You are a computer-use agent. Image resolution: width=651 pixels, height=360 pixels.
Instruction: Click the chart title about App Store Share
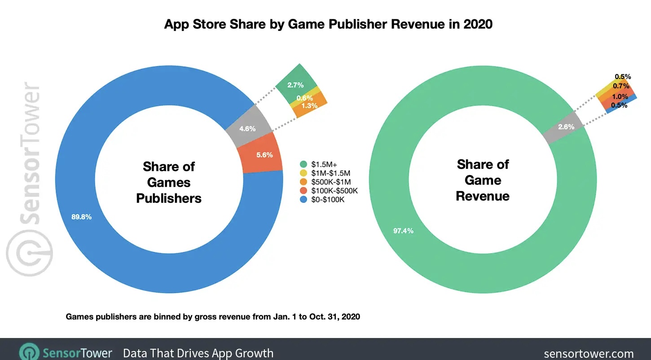click(328, 24)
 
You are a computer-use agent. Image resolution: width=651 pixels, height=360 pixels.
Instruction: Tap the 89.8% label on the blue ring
click(81, 217)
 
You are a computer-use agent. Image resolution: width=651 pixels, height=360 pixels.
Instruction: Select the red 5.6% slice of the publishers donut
click(263, 155)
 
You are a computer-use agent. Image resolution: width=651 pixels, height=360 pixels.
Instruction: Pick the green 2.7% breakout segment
click(295, 83)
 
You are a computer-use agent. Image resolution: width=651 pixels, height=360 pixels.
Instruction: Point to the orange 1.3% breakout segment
click(310, 106)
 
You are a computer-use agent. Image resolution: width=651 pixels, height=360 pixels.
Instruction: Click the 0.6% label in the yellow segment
click(304, 98)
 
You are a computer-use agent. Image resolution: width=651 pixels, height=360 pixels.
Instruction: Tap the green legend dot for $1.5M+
click(303, 164)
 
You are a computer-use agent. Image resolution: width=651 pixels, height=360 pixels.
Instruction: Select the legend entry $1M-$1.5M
click(330, 173)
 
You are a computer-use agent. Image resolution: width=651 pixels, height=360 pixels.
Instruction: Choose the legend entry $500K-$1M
click(330, 182)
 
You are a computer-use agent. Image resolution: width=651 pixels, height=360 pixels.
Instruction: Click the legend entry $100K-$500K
click(333, 191)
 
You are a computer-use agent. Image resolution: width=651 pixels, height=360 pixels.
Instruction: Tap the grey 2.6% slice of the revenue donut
click(565, 127)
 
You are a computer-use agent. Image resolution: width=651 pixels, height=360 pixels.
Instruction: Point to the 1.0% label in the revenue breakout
click(619, 97)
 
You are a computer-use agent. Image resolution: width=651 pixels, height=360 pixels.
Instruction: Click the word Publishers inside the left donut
click(169, 198)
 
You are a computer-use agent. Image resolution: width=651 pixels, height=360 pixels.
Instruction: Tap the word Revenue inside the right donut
click(483, 196)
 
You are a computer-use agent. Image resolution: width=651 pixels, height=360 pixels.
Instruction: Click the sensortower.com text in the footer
click(589, 354)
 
